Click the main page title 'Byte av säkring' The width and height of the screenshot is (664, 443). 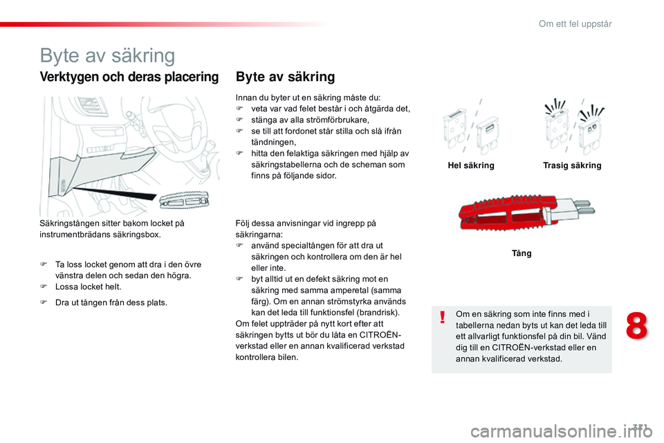(x=107, y=55)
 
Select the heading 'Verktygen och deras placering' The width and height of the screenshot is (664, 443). (x=129, y=77)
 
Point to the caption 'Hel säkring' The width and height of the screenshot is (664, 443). (x=471, y=165)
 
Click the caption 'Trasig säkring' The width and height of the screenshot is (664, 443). (x=572, y=165)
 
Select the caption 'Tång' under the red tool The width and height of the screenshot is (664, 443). (x=522, y=253)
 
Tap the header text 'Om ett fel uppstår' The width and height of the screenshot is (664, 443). (x=575, y=24)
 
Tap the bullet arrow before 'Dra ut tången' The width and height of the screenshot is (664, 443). (x=43, y=302)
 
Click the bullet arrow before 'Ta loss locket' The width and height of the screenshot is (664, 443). (x=43, y=264)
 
